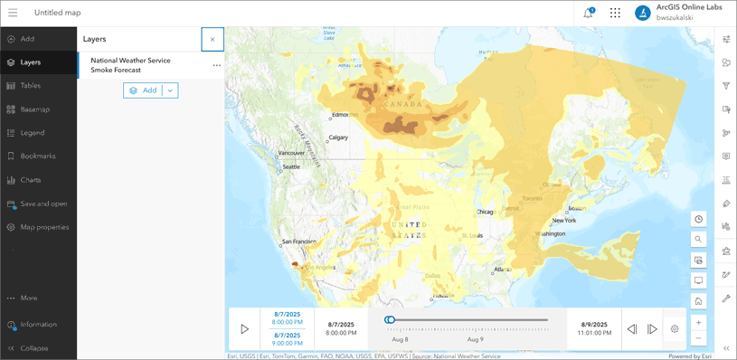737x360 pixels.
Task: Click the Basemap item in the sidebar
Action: (x=34, y=109)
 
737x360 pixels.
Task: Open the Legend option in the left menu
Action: (x=32, y=133)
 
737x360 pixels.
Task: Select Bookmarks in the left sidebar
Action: (x=37, y=156)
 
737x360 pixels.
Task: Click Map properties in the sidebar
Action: (x=43, y=227)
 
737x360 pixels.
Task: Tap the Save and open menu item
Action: (x=43, y=204)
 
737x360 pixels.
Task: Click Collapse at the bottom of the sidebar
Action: (x=33, y=348)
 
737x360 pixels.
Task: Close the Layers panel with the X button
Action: (x=213, y=39)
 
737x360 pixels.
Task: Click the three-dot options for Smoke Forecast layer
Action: (x=216, y=65)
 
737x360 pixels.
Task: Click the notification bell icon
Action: (x=589, y=13)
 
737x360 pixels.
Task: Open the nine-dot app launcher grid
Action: (x=615, y=13)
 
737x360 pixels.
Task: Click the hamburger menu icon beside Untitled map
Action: (x=13, y=13)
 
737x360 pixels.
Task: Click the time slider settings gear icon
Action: (x=675, y=329)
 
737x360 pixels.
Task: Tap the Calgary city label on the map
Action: (x=338, y=137)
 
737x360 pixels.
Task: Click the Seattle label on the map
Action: (x=291, y=167)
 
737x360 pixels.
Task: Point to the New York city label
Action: (x=563, y=221)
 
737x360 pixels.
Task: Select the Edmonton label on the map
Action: (x=344, y=115)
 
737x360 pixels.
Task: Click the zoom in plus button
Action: (x=699, y=323)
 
